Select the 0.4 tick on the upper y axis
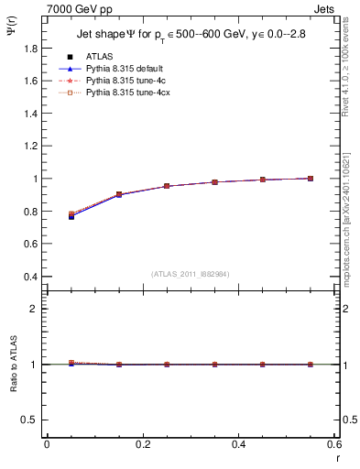(x=33, y=277)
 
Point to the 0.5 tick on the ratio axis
(x=33, y=420)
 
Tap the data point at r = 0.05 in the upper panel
(x=71, y=215)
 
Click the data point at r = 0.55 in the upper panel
(x=311, y=179)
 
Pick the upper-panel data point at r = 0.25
(x=167, y=186)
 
